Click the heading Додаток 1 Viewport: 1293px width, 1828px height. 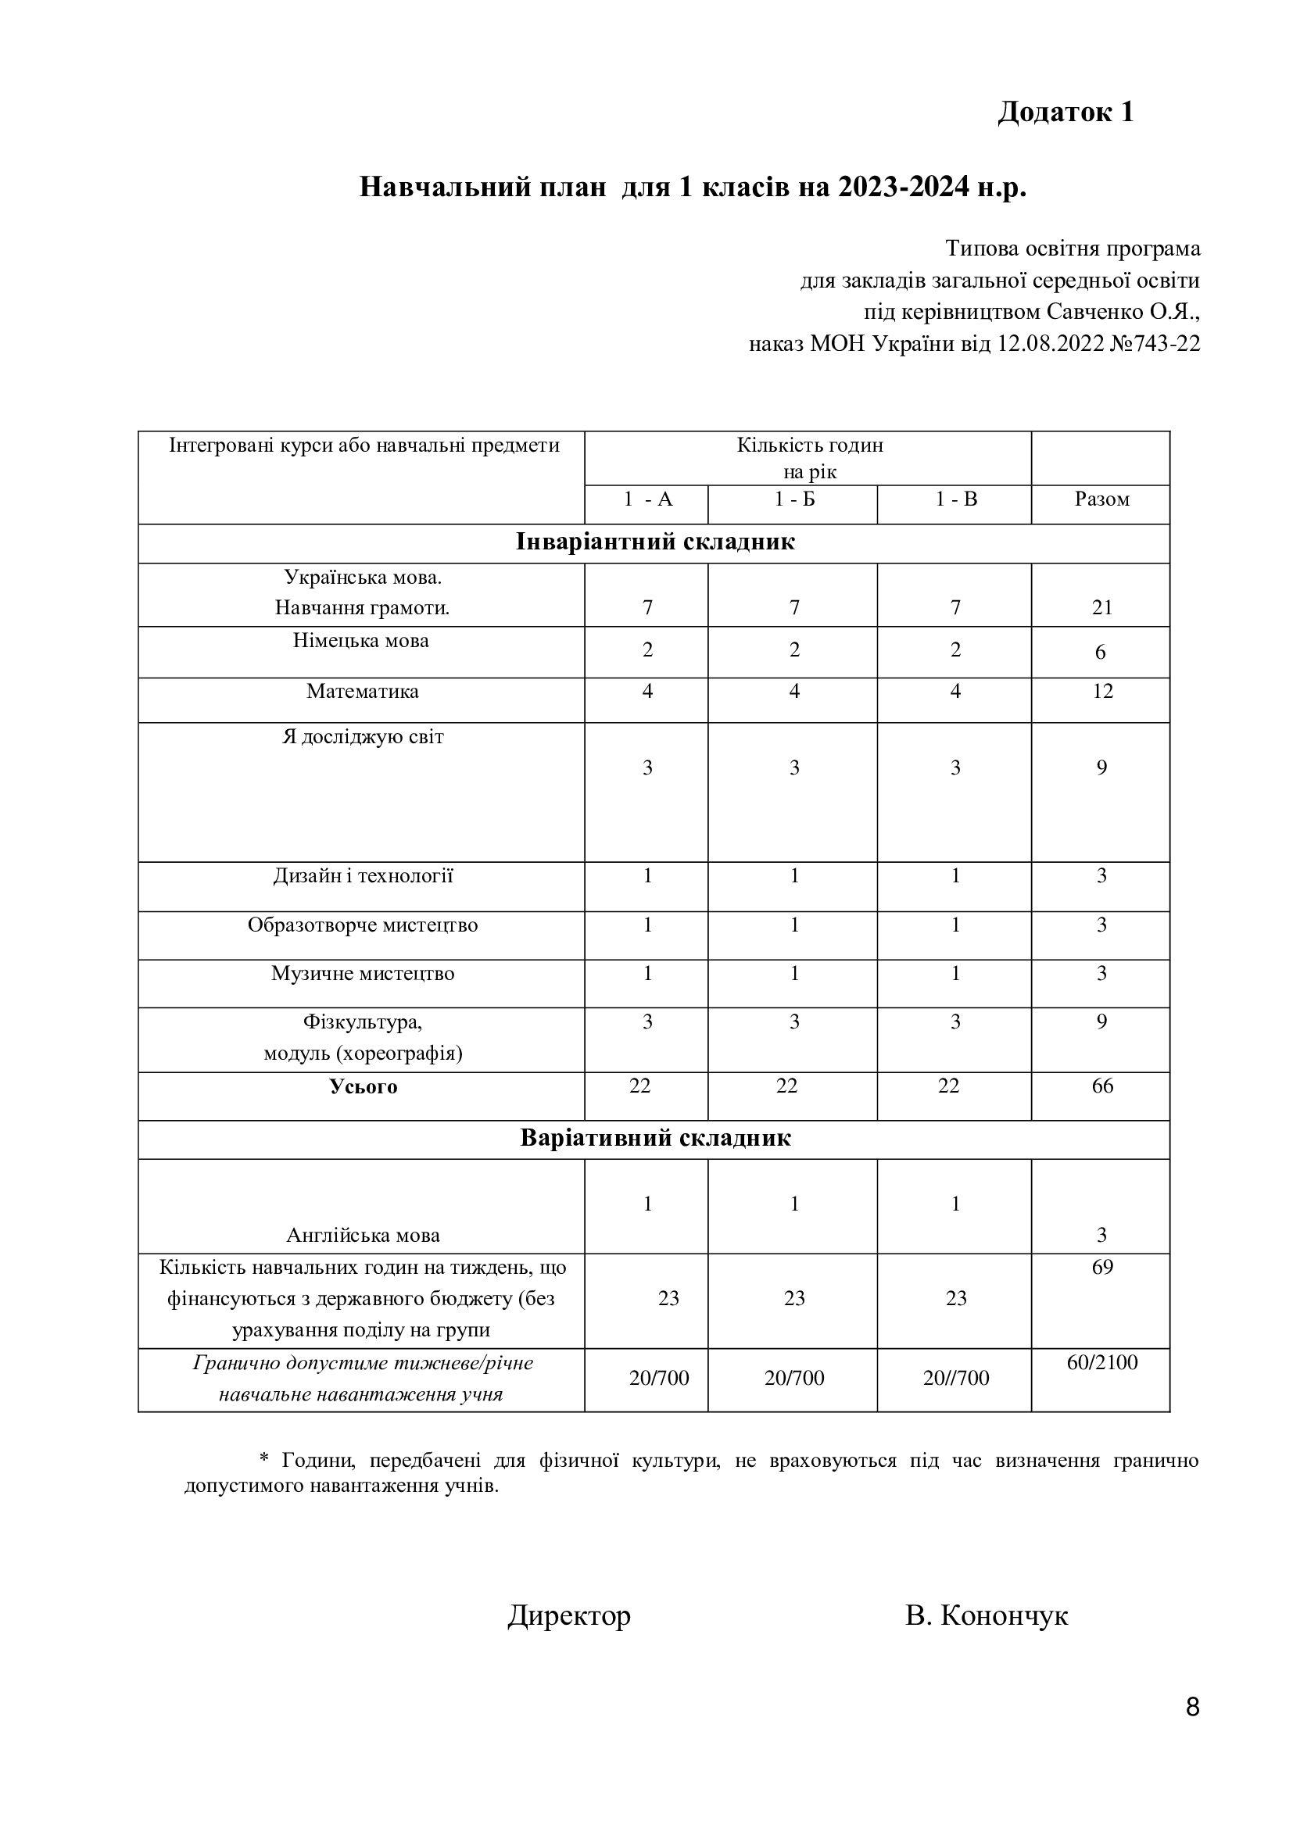coord(1066,113)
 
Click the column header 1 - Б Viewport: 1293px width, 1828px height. coord(793,499)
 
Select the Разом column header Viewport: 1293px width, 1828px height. coord(1102,499)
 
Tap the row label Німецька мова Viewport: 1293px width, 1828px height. coord(360,641)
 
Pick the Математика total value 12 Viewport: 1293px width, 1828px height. coord(1102,691)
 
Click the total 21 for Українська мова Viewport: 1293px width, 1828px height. coord(1102,607)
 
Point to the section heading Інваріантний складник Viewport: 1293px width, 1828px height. coord(654,542)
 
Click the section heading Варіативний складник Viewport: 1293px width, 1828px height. coord(654,1138)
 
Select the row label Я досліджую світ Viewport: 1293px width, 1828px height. coord(363,736)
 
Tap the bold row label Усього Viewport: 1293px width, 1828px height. coord(363,1087)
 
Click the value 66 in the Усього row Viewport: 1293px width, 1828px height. coord(1102,1086)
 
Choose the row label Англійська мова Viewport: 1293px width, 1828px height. coord(363,1235)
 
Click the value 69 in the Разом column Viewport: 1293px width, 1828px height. coord(1102,1267)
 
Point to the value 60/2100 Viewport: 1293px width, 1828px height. coord(1102,1362)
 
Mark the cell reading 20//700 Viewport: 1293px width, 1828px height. coord(955,1378)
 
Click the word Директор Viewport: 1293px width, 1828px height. coord(569,1616)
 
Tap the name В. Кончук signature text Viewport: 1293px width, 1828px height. coord(987,1616)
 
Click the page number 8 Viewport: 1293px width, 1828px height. coord(1192,1730)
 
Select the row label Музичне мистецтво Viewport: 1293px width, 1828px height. coord(363,974)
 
